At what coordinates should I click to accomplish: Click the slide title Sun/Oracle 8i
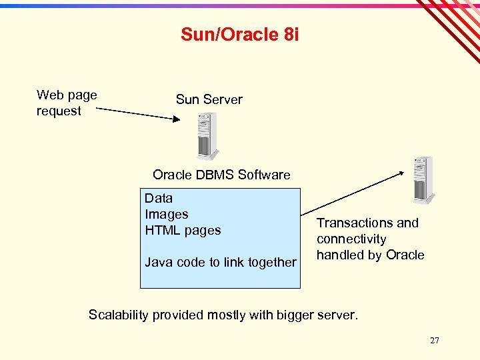pos(239,35)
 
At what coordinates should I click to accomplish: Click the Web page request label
pos(66,103)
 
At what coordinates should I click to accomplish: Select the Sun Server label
pos(209,99)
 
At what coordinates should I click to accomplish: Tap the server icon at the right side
pos(423,180)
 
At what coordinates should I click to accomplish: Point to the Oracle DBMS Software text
pos(221,175)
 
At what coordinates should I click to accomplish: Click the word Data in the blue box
pos(159,198)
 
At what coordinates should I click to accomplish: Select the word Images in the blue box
pos(167,214)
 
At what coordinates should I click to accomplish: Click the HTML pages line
pos(183,230)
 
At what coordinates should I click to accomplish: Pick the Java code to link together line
pos(220,262)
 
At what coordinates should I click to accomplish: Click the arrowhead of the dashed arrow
pos(177,119)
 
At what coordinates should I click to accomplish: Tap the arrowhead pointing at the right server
pos(401,173)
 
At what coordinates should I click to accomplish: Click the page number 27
pos(434,341)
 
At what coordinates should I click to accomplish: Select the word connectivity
pos(351,239)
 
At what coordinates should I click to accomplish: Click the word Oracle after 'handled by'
pos(405,255)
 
